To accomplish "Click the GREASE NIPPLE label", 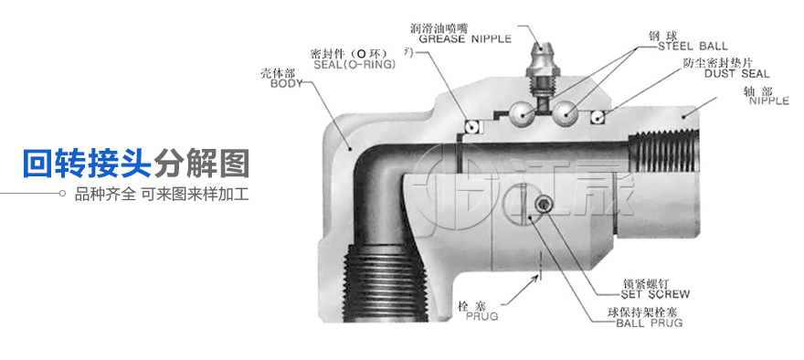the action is coord(465,38).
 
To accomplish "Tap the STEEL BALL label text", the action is coord(693,47).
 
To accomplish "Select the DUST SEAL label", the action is coord(736,73).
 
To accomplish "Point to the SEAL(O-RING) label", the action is coord(354,64).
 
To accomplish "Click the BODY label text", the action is coord(287,83).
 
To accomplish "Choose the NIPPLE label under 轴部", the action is coord(769,101).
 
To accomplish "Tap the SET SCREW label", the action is coord(655,294).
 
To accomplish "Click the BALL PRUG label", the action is coord(650,323).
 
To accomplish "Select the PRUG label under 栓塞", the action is coord(481,316).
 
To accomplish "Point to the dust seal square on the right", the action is coord(597,118).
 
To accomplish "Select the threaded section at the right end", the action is coord(663,153).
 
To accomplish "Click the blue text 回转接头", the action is coord(87,163).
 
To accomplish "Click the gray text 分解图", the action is coord(202,163).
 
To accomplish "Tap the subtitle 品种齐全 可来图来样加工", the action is coord(162,194).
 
